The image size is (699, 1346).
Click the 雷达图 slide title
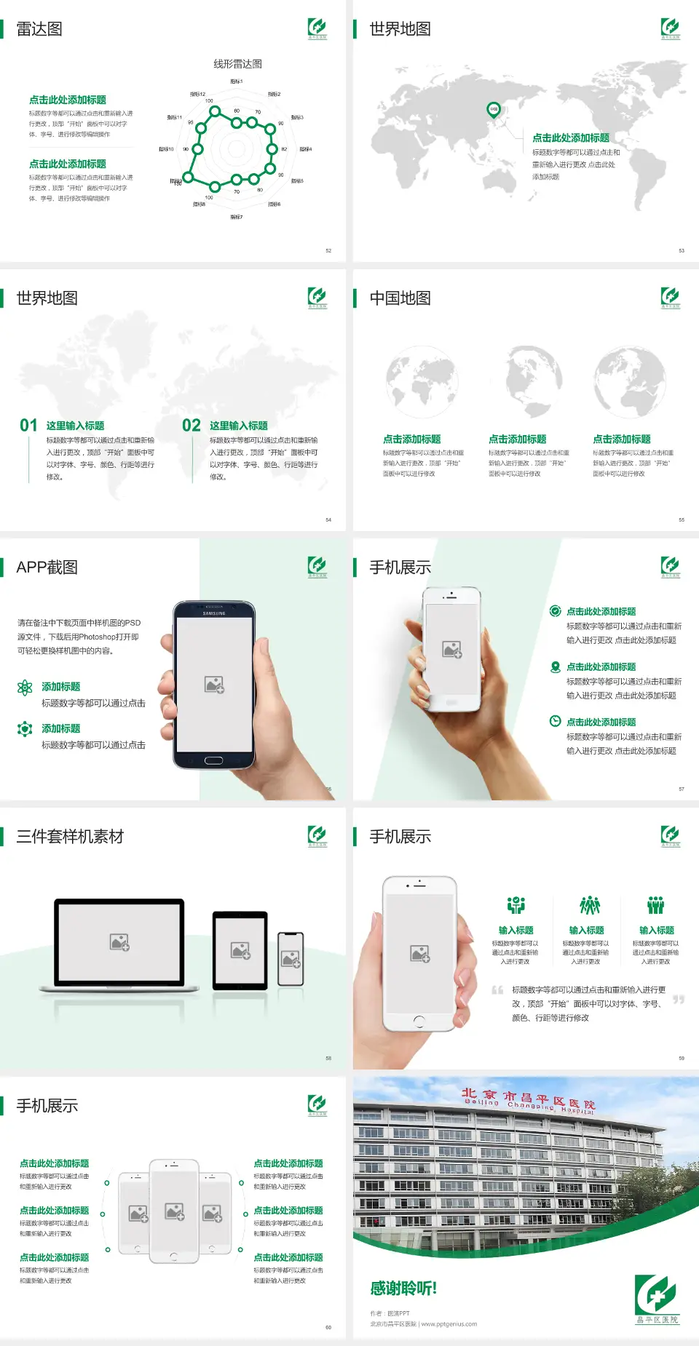(x=39, y=29)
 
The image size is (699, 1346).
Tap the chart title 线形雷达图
(x=237, y=64)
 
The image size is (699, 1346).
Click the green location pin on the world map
(x=493, y=110)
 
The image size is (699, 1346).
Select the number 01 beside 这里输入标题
(x=28, y=426)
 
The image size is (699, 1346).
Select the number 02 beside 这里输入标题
(x=191, y=426)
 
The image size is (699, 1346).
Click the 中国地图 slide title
(x=400, y=298)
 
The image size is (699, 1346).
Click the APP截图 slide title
(x=47, y=568)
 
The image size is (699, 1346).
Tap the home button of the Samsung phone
(x=213, y=760)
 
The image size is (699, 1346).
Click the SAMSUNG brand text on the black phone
(x=214, y=613)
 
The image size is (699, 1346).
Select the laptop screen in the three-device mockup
(x=119, y=941)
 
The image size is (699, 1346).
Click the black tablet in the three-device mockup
(x=240, y=949)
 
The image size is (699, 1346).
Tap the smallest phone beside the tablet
(x=291, y=959)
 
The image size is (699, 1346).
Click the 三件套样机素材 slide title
(x=70, y=837)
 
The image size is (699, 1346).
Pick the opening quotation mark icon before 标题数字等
(x=497, y=990)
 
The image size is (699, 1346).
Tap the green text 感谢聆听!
(x=403, y=1289)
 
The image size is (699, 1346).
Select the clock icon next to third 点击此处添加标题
(x=555, y=721)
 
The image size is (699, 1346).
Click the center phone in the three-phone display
(x=174, y=1211)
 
